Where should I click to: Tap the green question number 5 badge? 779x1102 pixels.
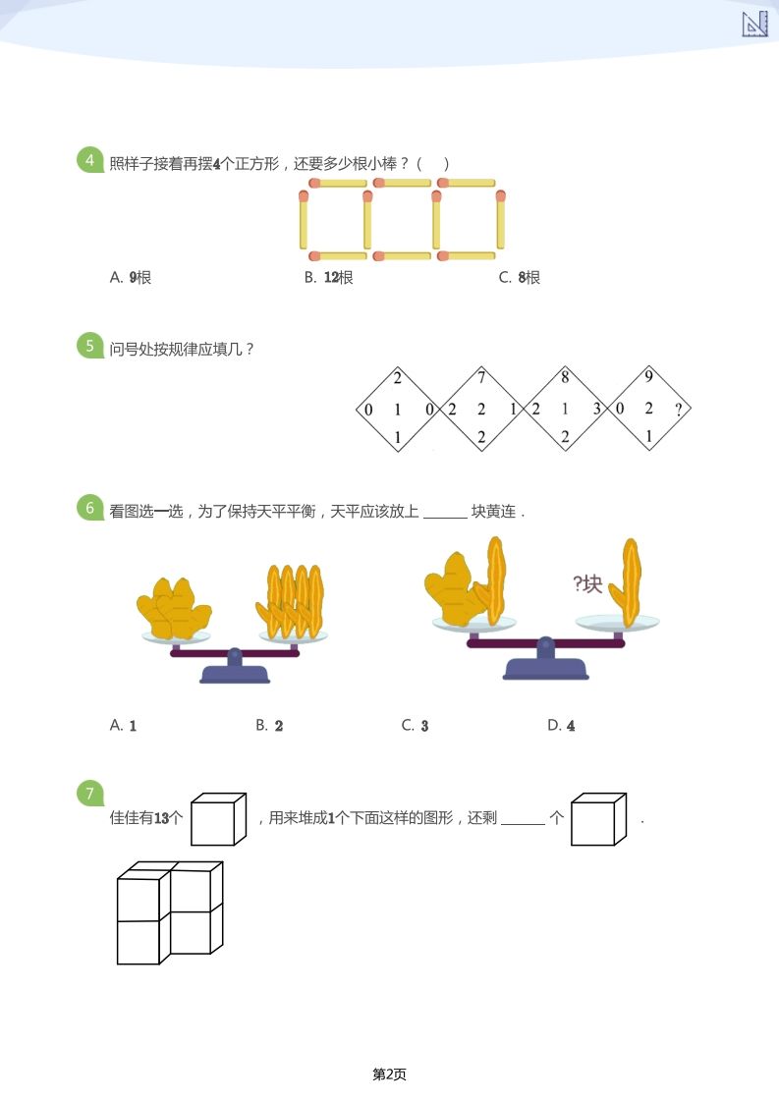pos(90,346)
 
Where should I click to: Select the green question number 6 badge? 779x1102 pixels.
pos(90,509)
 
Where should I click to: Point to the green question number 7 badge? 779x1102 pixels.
pos(90,794)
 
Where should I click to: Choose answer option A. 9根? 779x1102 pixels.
pos(131,278)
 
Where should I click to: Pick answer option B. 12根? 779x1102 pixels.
pos(329,278)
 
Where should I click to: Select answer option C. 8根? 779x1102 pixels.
pos(520,278)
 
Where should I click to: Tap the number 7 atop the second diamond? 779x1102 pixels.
pos(481,377)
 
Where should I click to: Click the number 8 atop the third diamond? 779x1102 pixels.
pos(565,377)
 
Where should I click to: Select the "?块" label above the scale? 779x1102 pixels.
pos(586,584)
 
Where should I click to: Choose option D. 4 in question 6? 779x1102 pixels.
pos(561,726)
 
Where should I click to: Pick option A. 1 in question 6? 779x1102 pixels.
pos(123,726)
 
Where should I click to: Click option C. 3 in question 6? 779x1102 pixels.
pos(415,726)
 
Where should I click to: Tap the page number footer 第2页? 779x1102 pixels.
pos(389,1074)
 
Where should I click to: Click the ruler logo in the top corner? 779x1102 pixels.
pos(754,25)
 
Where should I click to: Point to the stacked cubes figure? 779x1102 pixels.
pos(170,912)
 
